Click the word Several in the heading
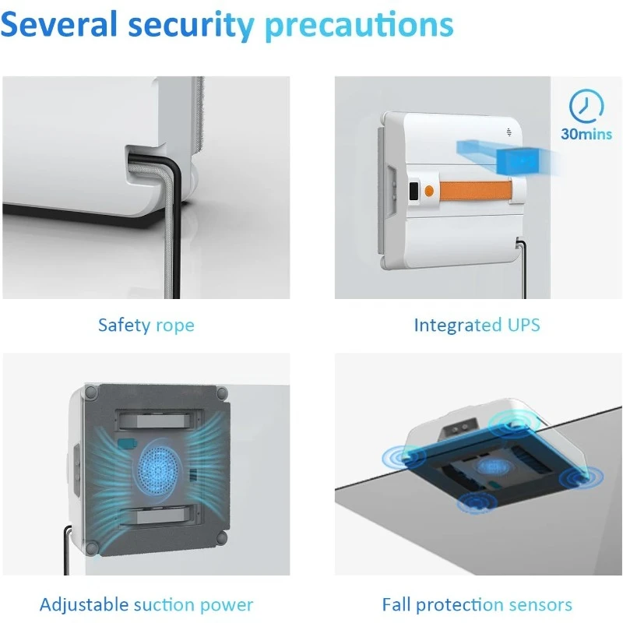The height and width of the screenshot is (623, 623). (x=59, y=25)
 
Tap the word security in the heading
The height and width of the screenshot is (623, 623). (x=191, y=27)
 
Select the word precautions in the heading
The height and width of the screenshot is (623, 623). (x=359, y=27)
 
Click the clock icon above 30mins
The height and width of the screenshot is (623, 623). (x=586, y=106)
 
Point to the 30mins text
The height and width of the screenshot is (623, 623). (x=586, y=134)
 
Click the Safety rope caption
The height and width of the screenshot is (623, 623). (x=146, y=326)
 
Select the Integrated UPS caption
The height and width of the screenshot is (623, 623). (x=477, y=325)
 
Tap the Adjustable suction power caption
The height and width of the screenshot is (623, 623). (x=146, y=605)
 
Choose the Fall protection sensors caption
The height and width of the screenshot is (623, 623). (x=477, y=605)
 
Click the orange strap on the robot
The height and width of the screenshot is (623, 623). (x=475, y=190)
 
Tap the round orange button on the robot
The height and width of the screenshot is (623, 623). (x=429, y=191)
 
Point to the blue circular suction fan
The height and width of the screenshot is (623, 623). (x=159, y=471)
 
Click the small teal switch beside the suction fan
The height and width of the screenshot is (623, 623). (x=125, y=443)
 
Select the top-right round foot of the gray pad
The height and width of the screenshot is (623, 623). (x=222, y=393)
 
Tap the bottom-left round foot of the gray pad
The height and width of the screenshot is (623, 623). (x=92, y=549)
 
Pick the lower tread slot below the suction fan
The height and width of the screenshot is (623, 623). (x=158, y=516)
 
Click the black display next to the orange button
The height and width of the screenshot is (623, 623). (x=414, y=191)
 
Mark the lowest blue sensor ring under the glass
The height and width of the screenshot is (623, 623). (x=477, y=502)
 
